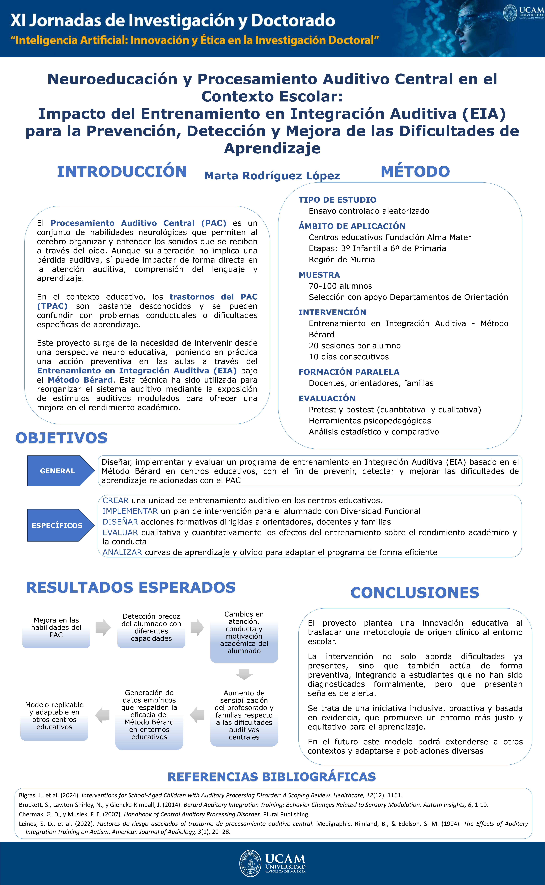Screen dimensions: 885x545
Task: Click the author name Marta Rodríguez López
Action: coord(272,176)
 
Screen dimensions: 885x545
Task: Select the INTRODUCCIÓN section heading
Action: coord(122,172)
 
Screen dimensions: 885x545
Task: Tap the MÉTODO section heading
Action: coord(415,172)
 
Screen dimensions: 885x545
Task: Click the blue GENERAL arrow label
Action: coord(58,471)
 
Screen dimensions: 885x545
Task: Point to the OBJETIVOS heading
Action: coord(61,438)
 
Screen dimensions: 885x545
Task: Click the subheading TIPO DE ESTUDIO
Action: coord(337,200)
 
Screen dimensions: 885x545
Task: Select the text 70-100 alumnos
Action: coord(340,286)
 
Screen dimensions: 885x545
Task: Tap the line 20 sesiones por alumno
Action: coord(355,346)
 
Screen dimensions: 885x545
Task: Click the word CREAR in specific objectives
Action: coord(115,501)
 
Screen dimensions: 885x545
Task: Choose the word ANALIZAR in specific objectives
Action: coord(122,552)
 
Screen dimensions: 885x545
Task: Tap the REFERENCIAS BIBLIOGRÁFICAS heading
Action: coord(272,777)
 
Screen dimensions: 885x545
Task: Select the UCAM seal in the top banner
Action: coord(510,13)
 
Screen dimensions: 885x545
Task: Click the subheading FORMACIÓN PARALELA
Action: coord(349,372)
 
